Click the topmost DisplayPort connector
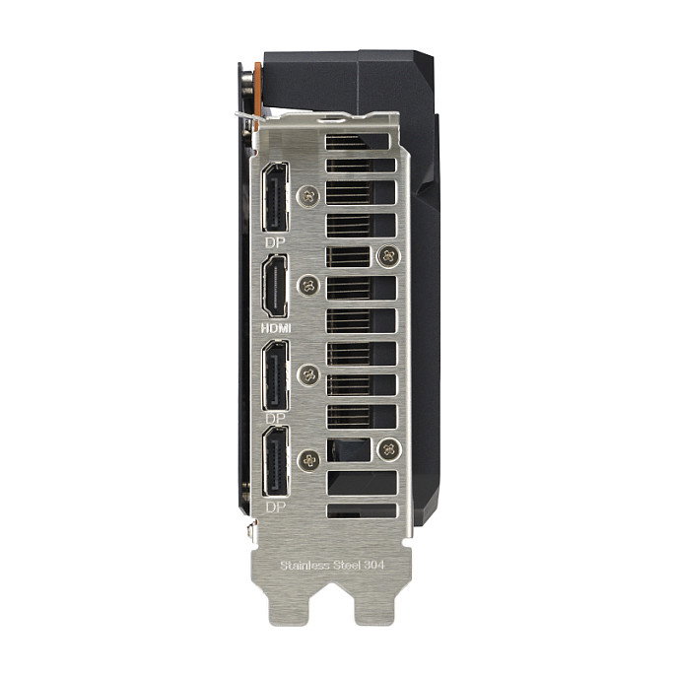pyautogui.click(x=276, y=197)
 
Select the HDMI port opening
pyautogui.click(x=276, y=286)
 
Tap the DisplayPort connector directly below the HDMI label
pyautogui.click(x=276, y=375)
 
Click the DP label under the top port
pyautogui.click(x=276, y=243)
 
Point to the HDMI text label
pyautogui.click(x=276, y=328)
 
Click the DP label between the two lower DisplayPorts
pyautogui.click(x=276, y=418)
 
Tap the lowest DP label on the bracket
pyautogui.click(x=276, y=507)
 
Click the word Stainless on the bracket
pyautogui.click(x=304, y=566)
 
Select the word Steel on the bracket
pyautogui.click(x=346, y=566)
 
